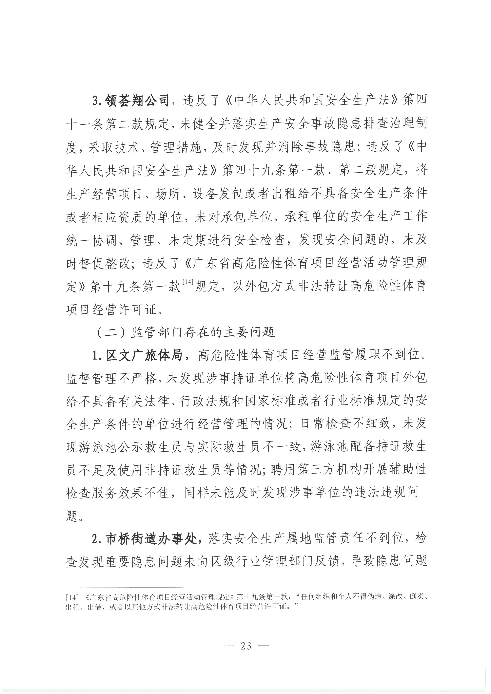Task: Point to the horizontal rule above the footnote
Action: [124, 586]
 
